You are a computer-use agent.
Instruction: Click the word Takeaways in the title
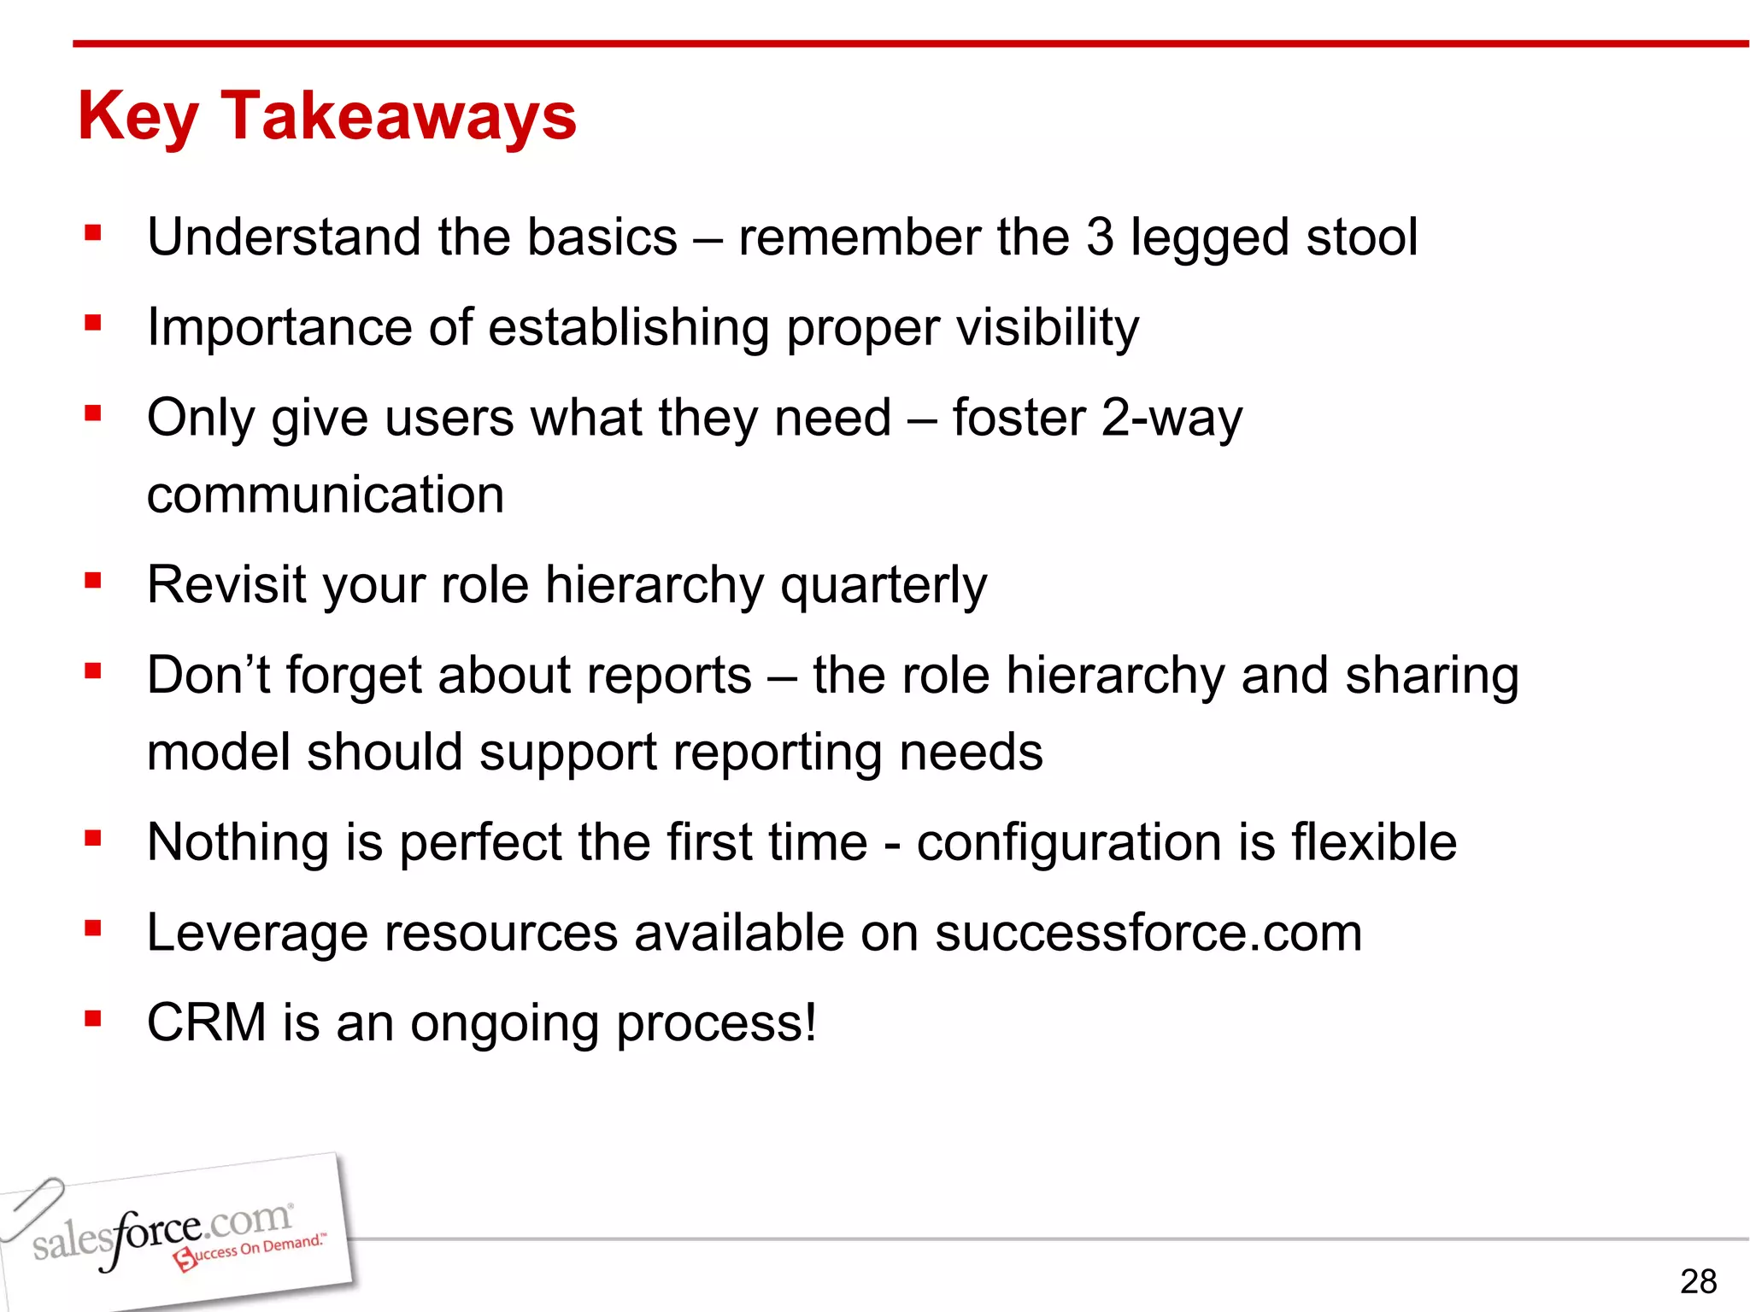[399, 116]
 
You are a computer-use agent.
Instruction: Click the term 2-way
[1172, 419]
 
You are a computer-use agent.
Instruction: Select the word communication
[326, 495]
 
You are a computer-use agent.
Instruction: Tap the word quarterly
[884, 586]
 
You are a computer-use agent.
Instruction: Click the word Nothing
[238, 843]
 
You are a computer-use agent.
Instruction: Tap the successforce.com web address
[1148, 933]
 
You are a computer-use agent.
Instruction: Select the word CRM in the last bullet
[207, 1022]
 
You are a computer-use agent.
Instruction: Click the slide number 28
[1698, 1281]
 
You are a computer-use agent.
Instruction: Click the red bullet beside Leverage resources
[93, 928]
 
